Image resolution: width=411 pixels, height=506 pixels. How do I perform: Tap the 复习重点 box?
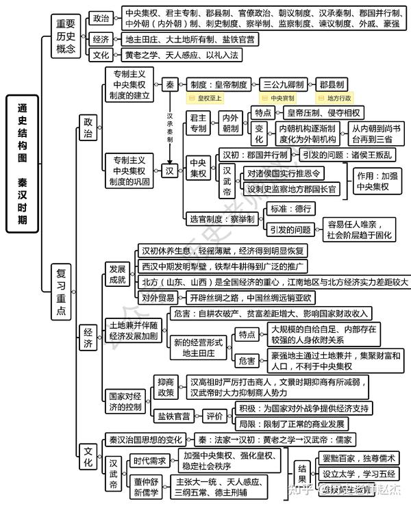[x=62, y=292]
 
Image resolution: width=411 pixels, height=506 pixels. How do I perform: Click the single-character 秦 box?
[x=169, y=84]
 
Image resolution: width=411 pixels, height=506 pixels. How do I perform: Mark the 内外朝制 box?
[x=231, y=123]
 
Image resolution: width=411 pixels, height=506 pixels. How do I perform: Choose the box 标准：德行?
[x=292, y=208]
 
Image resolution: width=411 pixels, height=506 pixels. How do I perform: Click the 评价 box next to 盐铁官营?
[x=214, y=416]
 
